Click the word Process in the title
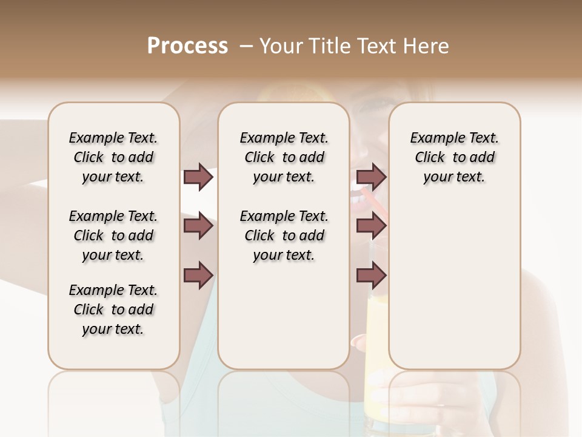pyautogui.click(x=187, y=46)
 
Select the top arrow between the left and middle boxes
pyautogui.click(x=198, y=177)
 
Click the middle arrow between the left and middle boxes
pyautogui.click(x=198, y=226)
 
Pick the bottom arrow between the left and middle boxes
pyautogui.click(x=198, y=275)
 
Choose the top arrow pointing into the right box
pyautogui.click(x=371, y=177)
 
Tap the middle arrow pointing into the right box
pyautogui.click(x=371, y=226)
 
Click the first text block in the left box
pyautogui.click(x=113, y=157)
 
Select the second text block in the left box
pyautogui.click(x=113, y=235)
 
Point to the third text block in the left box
pyautogui.click(x=113, y=310)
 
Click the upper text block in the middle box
pyautogui.click(x=284, y=157)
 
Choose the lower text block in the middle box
pyautogui.click(x=284, y=235)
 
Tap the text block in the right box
pyautogui.click(x=454, y=157)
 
